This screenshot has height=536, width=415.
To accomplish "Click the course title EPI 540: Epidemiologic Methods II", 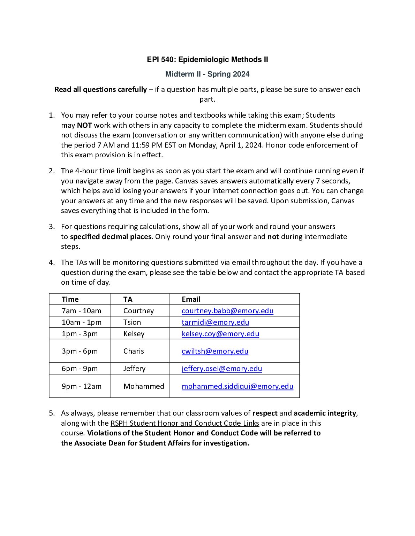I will click(x=207, y=60).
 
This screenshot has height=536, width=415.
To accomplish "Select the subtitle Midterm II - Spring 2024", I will click(x=207, y=74).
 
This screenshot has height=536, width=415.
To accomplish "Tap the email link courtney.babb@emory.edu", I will click(x=227, y=310).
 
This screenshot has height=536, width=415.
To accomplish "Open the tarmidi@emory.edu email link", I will click(x=215, y=322).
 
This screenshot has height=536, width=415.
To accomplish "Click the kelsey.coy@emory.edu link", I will click(x=220, y=333).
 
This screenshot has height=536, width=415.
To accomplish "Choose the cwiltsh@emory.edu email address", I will click(x=215, y=351).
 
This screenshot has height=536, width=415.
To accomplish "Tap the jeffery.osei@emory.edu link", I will click(x=221, y=368).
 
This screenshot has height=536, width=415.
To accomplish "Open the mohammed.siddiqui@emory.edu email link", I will click(x=237, y=386).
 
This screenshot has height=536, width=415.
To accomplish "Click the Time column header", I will click(x=70, y=299).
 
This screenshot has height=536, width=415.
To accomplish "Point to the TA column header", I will click(x=128, y=299).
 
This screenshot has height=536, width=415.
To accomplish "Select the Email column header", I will click(x=191, y=299).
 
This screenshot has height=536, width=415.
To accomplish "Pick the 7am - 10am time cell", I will click(x=81, y=310).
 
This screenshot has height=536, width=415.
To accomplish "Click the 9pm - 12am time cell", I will click(x=82, y=386).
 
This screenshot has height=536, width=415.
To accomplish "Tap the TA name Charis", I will click(x=134, y=351).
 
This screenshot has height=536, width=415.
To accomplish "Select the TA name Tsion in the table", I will click(x=132, y=322).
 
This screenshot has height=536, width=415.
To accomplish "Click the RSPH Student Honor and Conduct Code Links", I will click(x=184, y=423).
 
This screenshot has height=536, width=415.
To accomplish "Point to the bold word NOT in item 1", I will click(x=84, y=125).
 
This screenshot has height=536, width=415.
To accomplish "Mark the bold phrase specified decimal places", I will click(x=111, y=237).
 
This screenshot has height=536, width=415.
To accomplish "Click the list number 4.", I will click(x=52, y=262).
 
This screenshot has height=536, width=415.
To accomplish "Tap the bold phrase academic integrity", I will click(x=325, y=413).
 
